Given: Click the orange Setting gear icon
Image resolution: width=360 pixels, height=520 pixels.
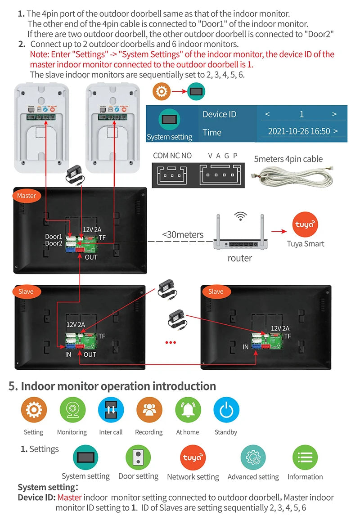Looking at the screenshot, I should [x=34, y=410].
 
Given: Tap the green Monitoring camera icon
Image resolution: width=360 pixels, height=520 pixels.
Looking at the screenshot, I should [x=72, y=410].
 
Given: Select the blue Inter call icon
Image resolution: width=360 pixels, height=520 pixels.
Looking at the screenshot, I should [x=111, y=410].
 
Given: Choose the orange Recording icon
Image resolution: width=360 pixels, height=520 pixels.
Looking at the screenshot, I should [x=149, y=410].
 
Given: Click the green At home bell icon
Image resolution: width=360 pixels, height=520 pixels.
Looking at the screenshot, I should [x=188, y=410].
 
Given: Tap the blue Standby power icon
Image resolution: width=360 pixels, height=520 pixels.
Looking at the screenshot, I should [x=226, y=410].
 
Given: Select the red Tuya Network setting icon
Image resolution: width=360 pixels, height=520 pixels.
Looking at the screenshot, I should [x=193, y=457].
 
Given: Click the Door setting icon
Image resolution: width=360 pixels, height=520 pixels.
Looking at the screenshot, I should [x=138, y=457].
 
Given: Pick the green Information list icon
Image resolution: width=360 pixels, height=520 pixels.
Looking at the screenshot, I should [x=305, y=457].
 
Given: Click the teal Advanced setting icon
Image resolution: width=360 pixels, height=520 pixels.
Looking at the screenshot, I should [x=253, y=457].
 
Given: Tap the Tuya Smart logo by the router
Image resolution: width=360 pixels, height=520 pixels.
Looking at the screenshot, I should [x=305, y=224].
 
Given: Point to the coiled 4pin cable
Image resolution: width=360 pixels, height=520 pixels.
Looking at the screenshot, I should [x=292, y=177].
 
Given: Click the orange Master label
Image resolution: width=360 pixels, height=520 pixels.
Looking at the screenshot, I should [x=26, y=196].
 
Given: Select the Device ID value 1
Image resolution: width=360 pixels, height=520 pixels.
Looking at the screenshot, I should [x=301, y=114].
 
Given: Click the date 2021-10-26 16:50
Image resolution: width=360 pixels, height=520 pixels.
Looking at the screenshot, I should [x=299, y=131].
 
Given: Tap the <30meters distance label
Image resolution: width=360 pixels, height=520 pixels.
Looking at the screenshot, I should [x=183, y=234].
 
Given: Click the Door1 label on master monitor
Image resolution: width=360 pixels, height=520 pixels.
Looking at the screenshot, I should [x=54, y=236].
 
